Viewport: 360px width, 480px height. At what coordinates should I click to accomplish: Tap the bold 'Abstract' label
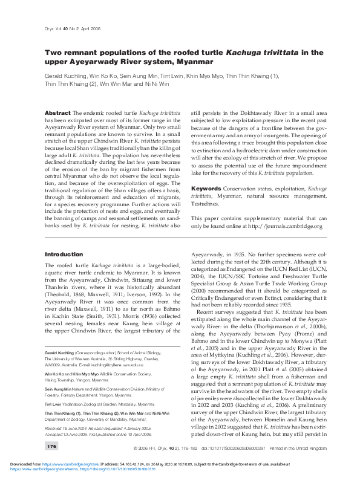tap(58, 113)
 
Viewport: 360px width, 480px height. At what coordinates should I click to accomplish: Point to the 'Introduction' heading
tap(64, 271)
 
